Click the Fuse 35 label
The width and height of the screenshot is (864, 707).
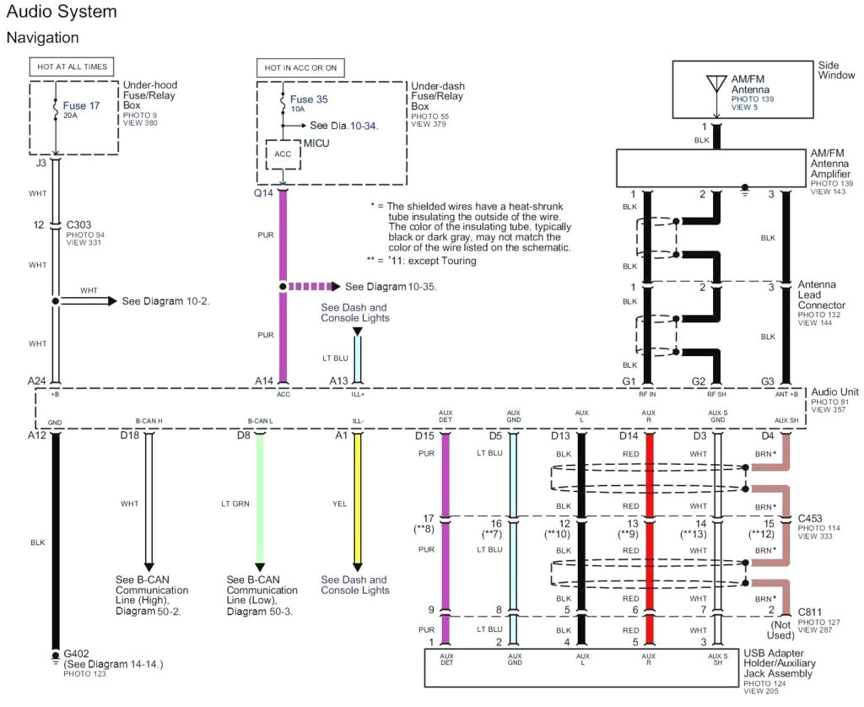click(x=309, y=99)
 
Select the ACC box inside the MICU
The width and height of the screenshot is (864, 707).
click(x=283, y=154)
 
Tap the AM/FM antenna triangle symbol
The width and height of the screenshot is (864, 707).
click(x=716, y=84)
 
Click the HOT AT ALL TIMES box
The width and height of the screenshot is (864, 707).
click(x=72, y=67)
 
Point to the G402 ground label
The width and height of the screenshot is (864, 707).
click(x=78, y=653)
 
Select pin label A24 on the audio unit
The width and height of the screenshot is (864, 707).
click(x=36, y=380)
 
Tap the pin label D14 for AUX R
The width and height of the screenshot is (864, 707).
click(x=629, y=435)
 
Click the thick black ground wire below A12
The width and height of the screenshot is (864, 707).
click(x=56, y=540)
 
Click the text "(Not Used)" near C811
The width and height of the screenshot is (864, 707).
click(x=780, y=629)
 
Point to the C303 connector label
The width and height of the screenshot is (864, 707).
click(x=82, y=226)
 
